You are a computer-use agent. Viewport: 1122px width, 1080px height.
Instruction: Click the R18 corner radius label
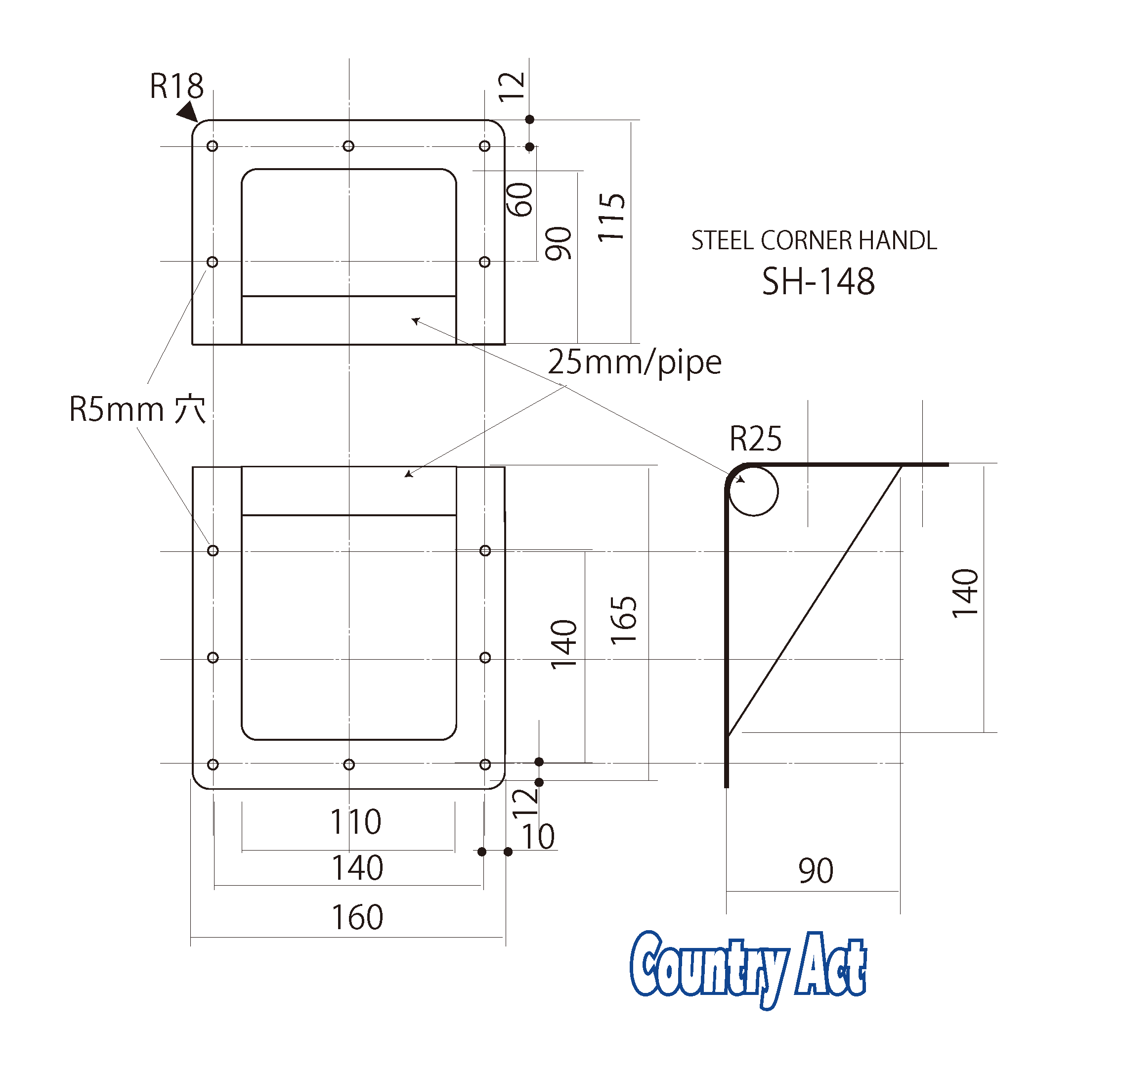[176, 87]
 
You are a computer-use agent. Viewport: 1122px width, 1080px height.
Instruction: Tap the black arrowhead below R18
[188, 112]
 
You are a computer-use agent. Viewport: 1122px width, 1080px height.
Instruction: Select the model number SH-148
[818, 282]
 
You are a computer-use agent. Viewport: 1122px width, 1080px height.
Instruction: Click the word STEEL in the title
[723, 240]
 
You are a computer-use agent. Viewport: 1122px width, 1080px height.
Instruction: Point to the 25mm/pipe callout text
[634, 362]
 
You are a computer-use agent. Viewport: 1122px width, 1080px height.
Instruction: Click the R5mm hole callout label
[137, 409]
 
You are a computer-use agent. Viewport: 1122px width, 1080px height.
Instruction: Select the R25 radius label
[755, 439]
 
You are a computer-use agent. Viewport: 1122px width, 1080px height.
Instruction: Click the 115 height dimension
[611, 218]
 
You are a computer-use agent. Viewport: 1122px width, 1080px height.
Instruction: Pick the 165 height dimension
[623, 621]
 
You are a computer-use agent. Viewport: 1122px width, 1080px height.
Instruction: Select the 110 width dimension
[355, 822]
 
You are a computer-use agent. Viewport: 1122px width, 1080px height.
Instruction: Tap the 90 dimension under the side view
[816, 871]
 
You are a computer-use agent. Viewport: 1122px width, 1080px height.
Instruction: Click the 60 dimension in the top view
[520, 200]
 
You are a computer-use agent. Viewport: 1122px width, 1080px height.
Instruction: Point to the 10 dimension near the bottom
[538, 837]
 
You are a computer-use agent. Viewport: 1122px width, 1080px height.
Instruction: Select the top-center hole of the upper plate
[348, 146]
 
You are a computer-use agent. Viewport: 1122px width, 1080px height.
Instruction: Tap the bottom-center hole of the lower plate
[348, 765]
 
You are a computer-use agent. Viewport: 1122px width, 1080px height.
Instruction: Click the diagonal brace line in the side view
[815, 599]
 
